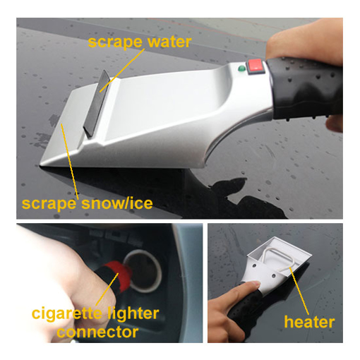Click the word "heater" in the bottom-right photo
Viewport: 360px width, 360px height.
click(308, 323)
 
